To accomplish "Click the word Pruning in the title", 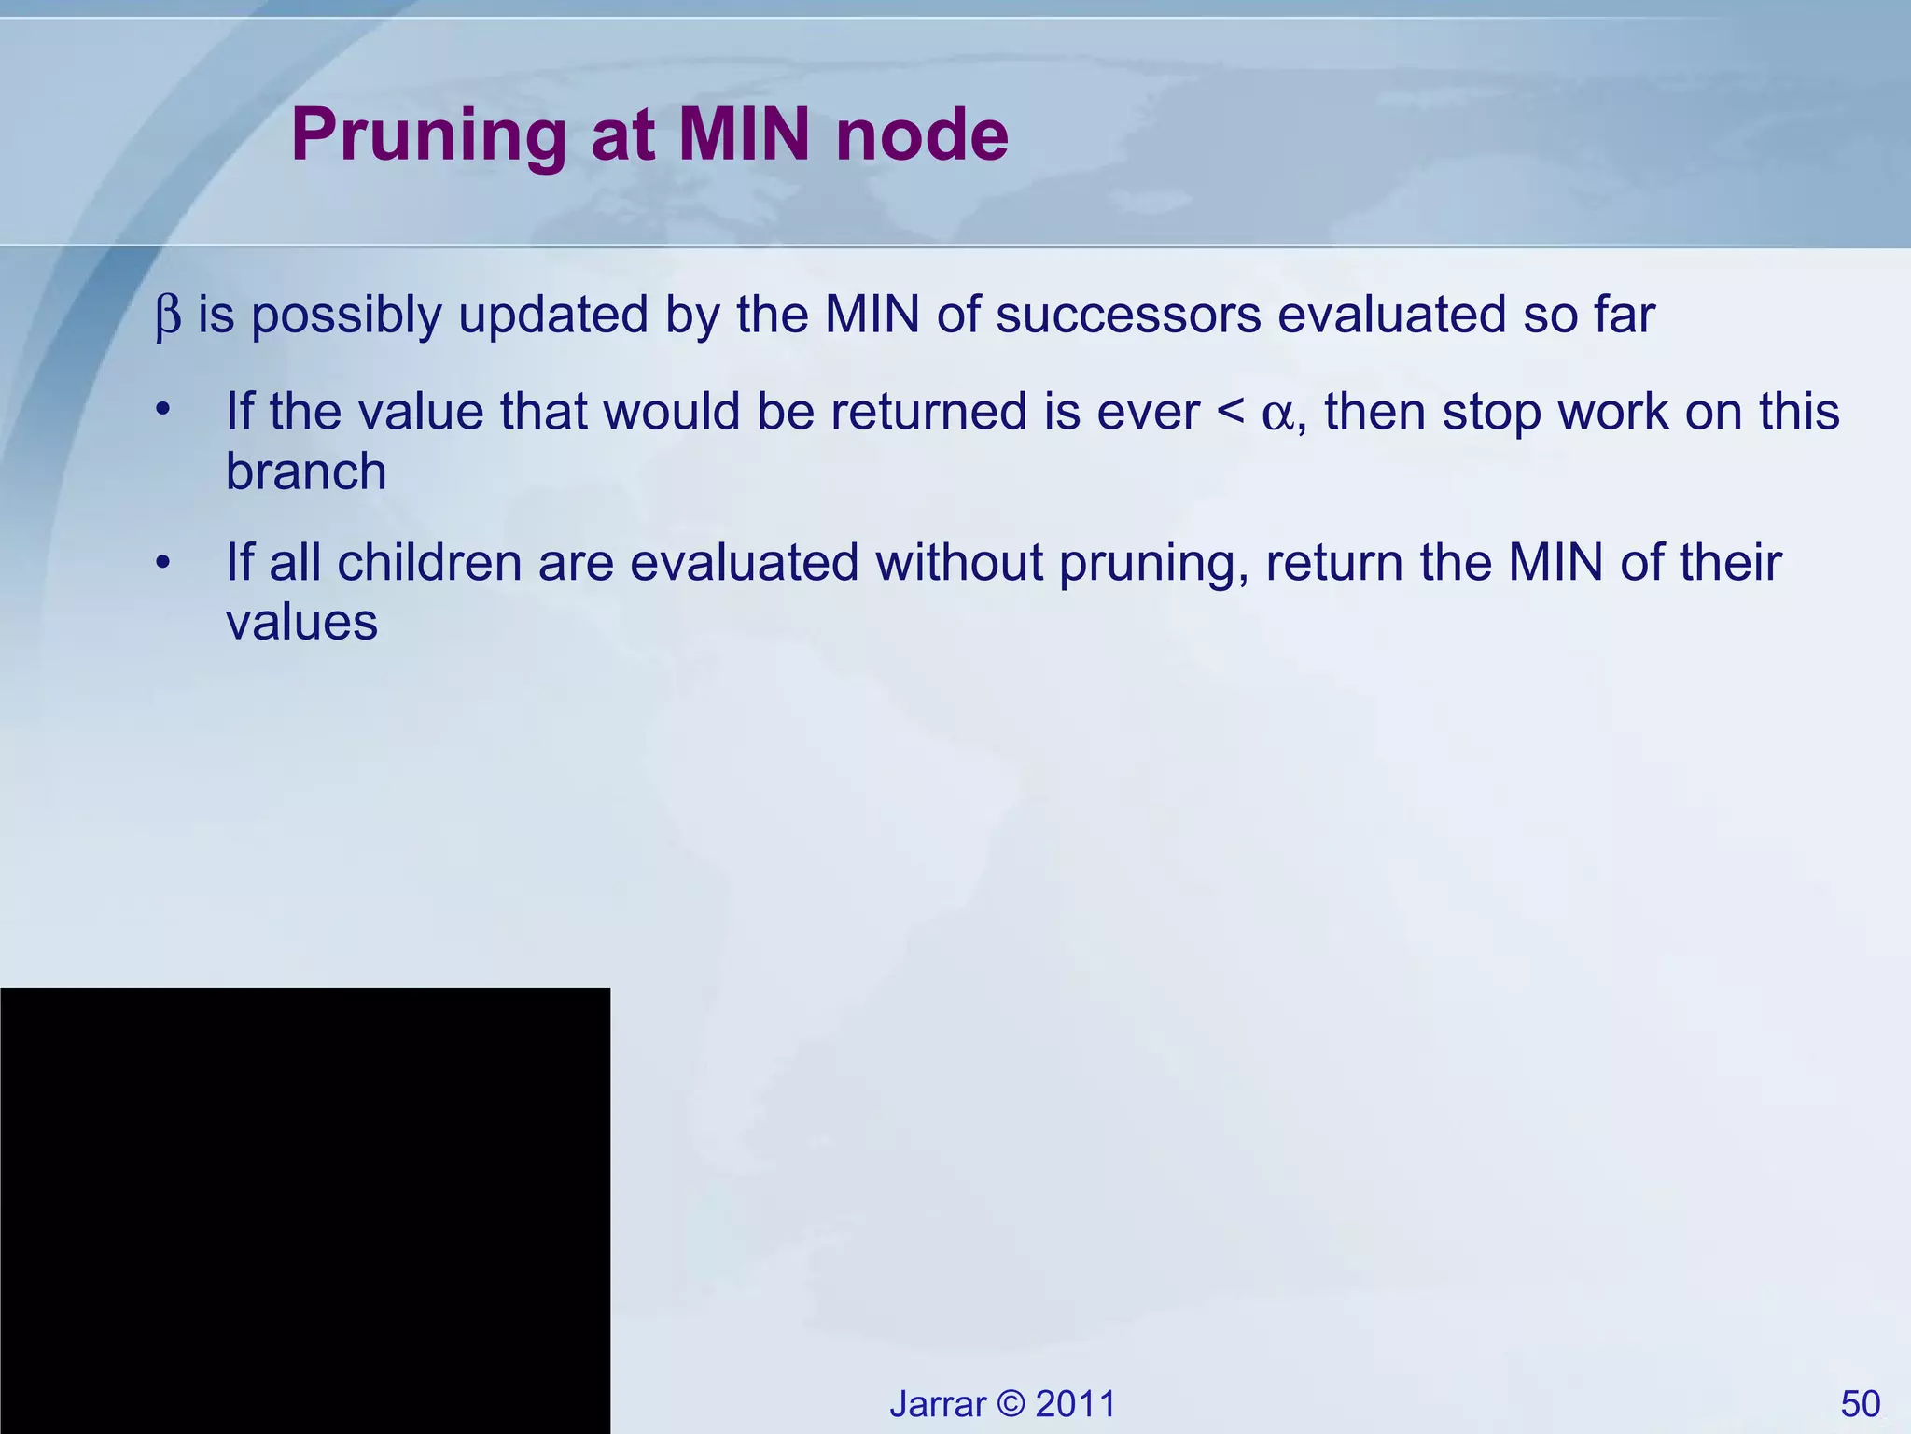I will pos(428,137).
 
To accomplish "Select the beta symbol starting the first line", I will pos(168,316).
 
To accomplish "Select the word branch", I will pos(306,471).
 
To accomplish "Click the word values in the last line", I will pos(301,622).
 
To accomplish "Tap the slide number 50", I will pos(1860,1404).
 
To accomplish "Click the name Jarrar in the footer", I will pos(937,1404).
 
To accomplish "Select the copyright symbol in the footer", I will pos(1011,1404).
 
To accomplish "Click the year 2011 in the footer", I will pos(1076,1404).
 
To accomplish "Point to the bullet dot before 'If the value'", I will pos(164,411).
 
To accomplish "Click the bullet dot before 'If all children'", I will pos(164,562).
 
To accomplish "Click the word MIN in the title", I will pos(745,135).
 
